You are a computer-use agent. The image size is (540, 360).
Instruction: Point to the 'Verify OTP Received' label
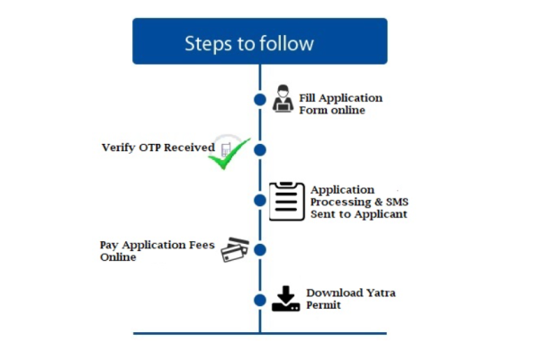click(x=157, y=147)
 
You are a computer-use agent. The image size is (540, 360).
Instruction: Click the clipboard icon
click(x=285, y=201)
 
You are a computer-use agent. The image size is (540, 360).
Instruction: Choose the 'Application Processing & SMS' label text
click(x=358, y=202)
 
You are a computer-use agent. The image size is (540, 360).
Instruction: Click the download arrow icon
click(x=284, y=299)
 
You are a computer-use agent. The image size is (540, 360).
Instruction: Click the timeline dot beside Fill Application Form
click(x=260, y=99)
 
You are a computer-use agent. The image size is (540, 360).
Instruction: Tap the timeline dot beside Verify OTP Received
click(x=260, y=149)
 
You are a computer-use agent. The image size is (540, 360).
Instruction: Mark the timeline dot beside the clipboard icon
click(x=260, y=201)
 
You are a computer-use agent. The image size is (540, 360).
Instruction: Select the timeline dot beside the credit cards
click(x=260, y=250)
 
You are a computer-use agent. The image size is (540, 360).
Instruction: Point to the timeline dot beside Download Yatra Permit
click(x=260, y=300)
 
